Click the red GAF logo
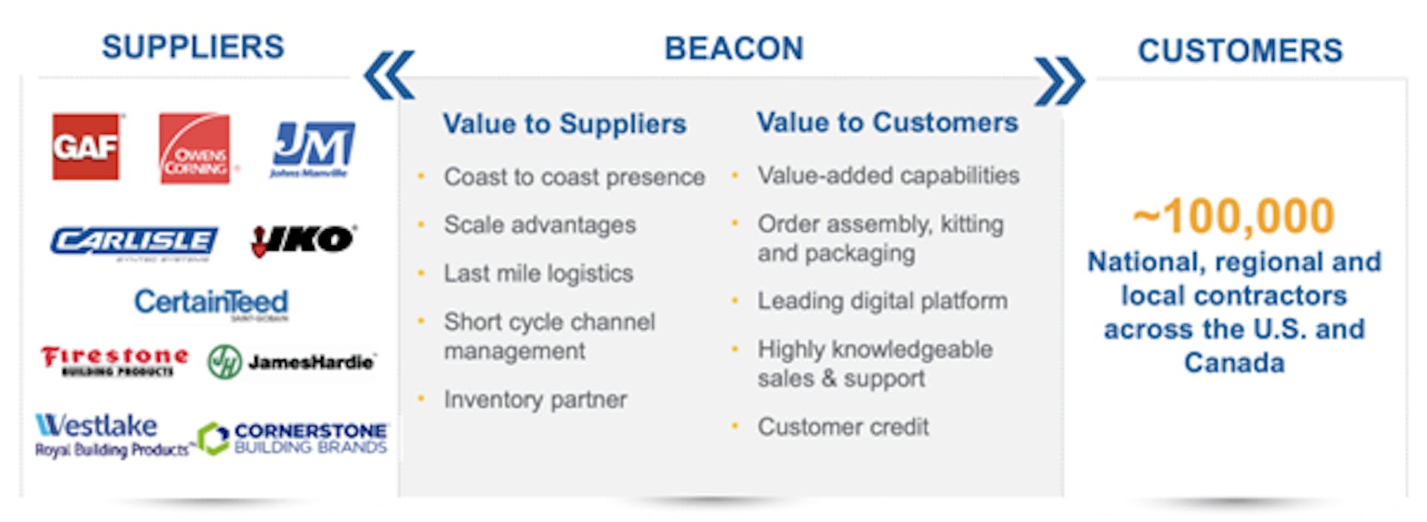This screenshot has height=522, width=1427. (x=85, y=146)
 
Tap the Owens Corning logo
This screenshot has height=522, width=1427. (x=195, y=148)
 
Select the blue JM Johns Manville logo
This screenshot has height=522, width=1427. (x=313, y=148)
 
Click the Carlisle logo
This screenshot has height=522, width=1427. (x=134, y=242)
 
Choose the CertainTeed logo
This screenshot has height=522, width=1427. (x=211, y=303)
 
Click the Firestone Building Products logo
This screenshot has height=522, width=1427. (x=114, y=361)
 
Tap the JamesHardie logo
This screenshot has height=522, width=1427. (x=291, y=362)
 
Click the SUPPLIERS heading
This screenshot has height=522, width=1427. (x=193, y=47)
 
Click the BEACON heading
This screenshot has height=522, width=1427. (x=734, y=48)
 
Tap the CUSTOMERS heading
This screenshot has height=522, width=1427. (x=1240, y=51)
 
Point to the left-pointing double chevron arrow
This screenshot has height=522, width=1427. (x=389, y=75)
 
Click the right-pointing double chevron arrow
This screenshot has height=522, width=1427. (x=1059, y=80)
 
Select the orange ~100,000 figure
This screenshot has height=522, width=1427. (x=1234, y=216)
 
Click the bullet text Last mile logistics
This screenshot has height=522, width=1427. (x=538, y=274)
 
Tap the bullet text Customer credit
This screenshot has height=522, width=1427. (x=843, y=427)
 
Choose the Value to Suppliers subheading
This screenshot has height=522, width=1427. (x=564, y=123)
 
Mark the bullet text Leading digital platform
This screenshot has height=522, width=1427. (x=882, y=301)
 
